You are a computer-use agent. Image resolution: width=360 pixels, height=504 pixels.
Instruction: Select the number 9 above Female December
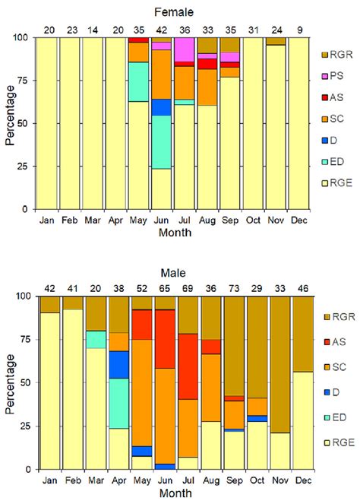300,30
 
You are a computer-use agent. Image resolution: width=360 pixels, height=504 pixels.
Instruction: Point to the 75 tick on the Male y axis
23,339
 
